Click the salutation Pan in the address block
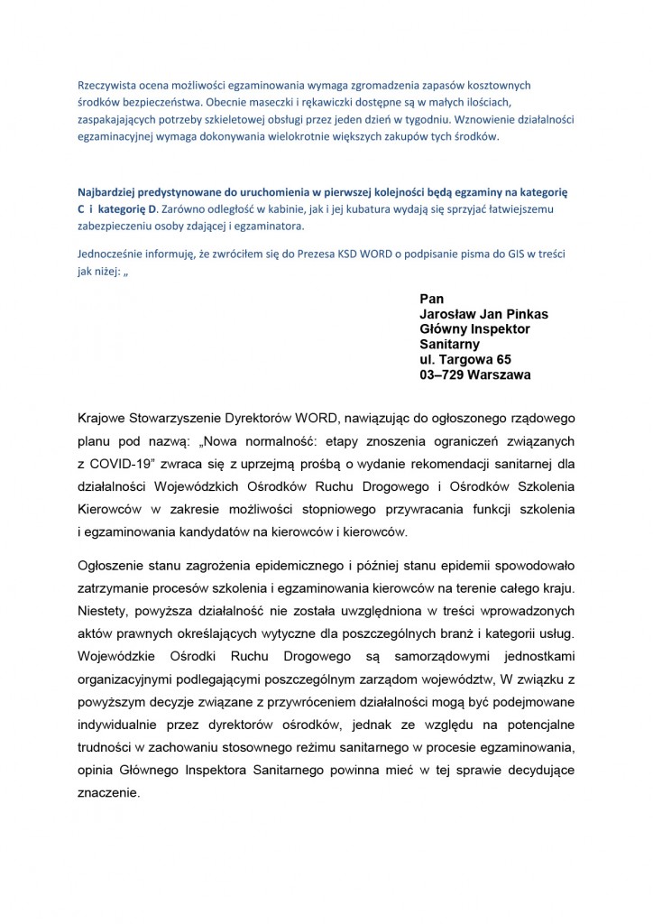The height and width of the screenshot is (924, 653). pos(433,299)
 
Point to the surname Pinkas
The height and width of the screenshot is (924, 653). pos(524,314)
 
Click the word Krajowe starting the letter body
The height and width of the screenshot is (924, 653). pos(106,420)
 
